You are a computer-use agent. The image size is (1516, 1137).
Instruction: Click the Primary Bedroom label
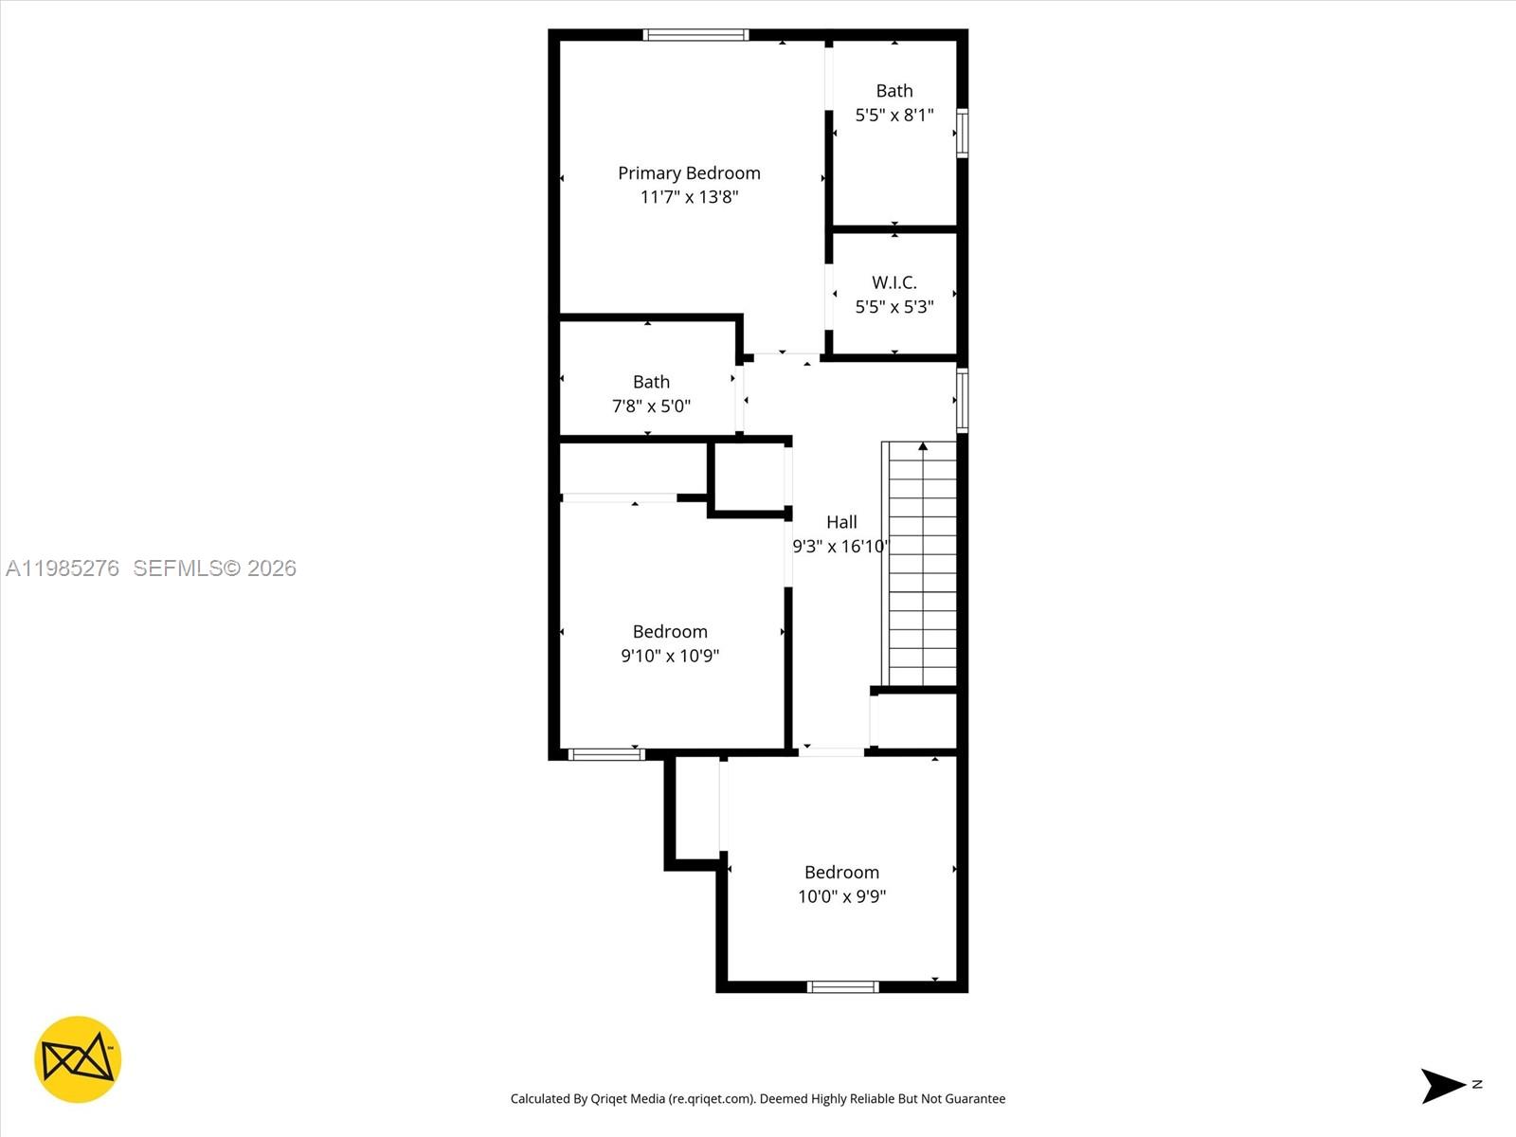click(x=689, y=172)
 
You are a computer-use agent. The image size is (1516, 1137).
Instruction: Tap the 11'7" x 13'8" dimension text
click(x=689, y=197)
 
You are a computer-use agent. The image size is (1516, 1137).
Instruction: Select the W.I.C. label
click(x=894, y=282)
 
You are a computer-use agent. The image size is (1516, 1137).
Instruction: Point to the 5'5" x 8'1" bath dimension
click(x=894, y=116)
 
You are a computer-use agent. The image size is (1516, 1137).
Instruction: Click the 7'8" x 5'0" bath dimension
click(x=651, y=406)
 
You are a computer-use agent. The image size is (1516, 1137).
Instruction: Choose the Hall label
click(x=841, y=522)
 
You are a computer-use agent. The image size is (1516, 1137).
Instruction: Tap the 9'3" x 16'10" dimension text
click(x=840, y=547)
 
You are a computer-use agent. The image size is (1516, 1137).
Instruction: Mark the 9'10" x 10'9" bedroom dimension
click(x=670, y=656)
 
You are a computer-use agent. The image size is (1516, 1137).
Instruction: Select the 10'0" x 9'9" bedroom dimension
click(x=841, y=896)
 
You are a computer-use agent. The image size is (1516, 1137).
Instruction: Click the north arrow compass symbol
click(x=1444, y=1086)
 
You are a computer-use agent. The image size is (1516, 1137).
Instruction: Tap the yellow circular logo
click(x=78, y=1059)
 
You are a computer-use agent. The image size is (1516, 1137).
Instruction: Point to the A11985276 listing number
click(x=63, y=568)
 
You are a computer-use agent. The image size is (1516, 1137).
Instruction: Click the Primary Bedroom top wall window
click(x=695, y=35)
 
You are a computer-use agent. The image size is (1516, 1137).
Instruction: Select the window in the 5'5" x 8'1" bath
click(x=962, y=133)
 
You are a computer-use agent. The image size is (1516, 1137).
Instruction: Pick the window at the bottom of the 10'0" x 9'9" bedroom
click(x=842, y=987)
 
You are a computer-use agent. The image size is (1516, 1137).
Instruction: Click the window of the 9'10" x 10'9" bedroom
click(x=606, y=755)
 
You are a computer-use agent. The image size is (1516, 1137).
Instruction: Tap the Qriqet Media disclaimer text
click(x=758, y=1099)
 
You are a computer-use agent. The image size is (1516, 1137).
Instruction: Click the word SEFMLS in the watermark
click(x=176, y=568)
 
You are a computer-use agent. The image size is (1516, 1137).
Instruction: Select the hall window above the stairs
click(x=962, y=401)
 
